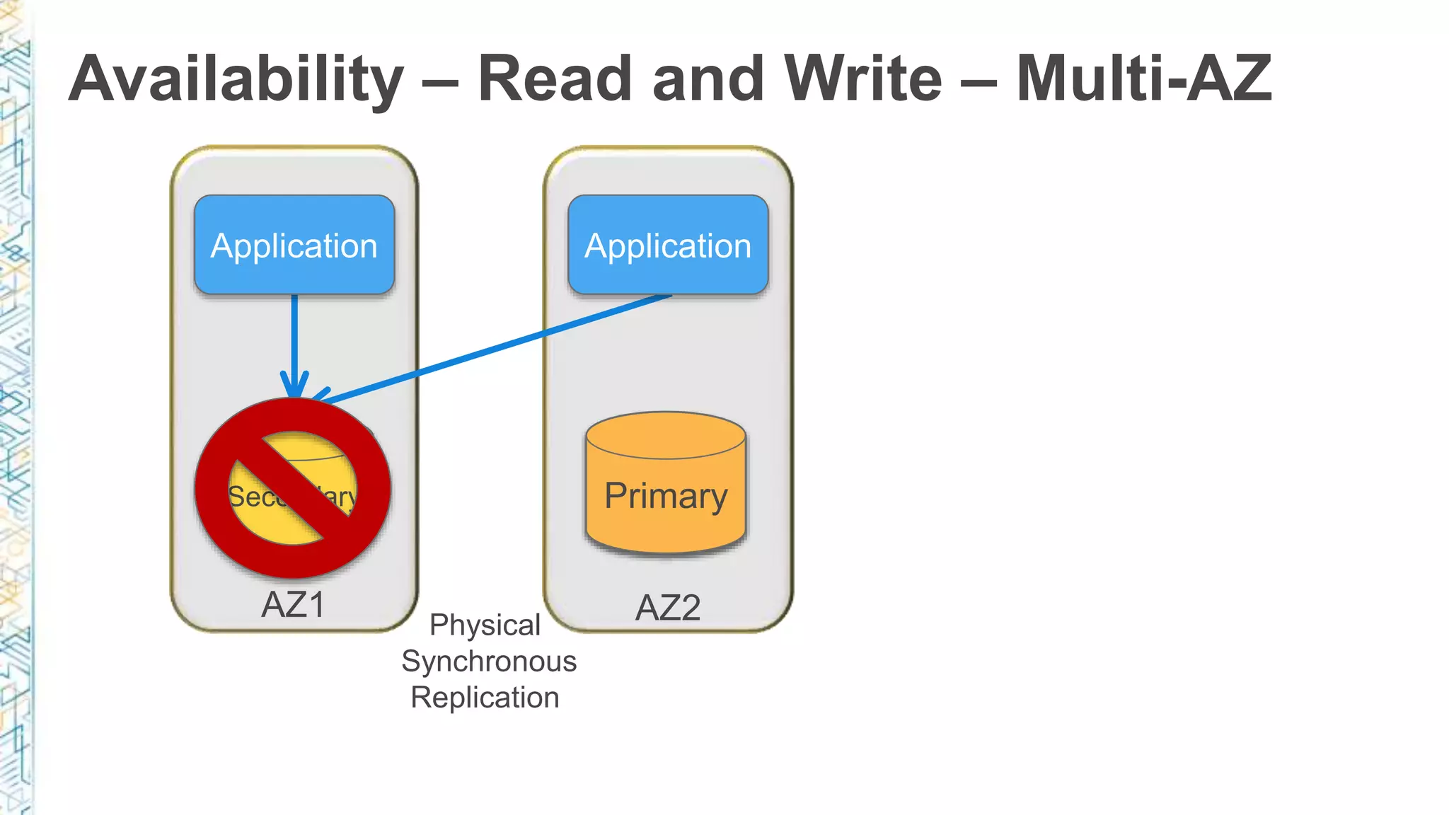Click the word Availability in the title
pos(236,79)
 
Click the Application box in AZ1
pos(294,245)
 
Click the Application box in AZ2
pos(668,245)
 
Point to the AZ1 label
pos(293,604)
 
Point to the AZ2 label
pos(667,608)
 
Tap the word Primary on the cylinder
pos(666,495)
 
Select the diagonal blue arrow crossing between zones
pos(495,347)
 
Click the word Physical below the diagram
pos(485,625)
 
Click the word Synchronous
pos(489,661)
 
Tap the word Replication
pos(485,698)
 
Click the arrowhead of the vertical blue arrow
pos(294,386)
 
